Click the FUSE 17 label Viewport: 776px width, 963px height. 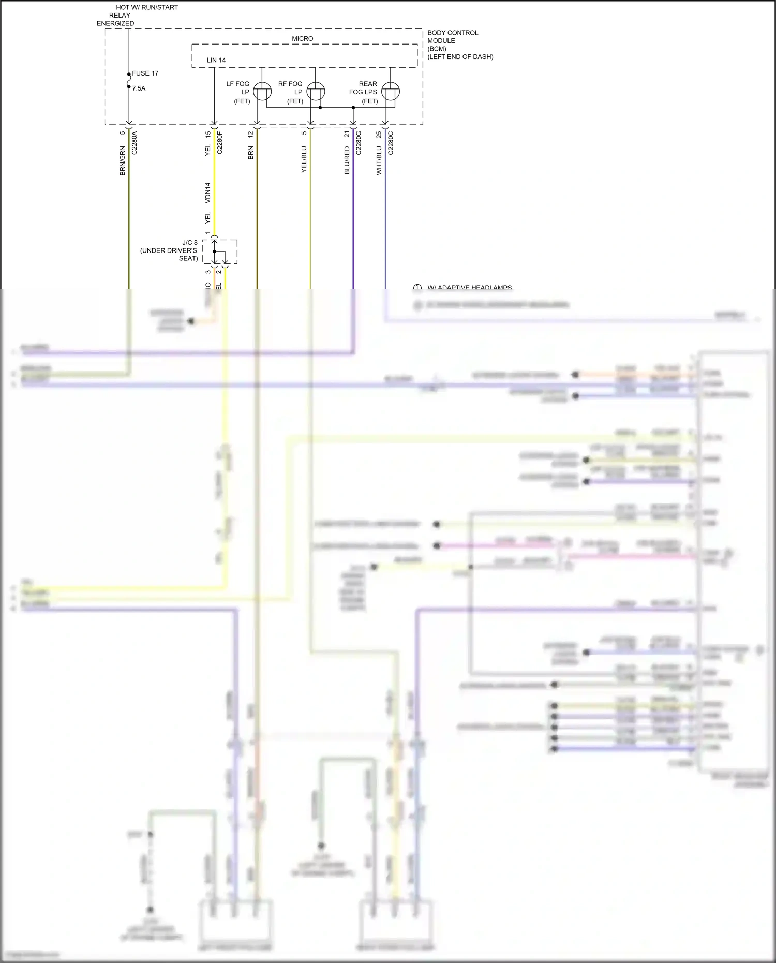tap(145, 73)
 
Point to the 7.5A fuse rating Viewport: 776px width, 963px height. tap(139, 88)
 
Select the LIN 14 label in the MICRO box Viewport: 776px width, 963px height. tap(216, 61)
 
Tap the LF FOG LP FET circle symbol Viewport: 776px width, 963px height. tap(262, 92)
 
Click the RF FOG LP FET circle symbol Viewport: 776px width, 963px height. tap(316, 92)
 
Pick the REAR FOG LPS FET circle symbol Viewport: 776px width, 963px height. tap(390, 92)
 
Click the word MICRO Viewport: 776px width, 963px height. tap(302, 39)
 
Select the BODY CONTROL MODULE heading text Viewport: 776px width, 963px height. tap(453, 37)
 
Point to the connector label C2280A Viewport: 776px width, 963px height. tap(135, 143)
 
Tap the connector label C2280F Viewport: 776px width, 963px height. tap(220, 143)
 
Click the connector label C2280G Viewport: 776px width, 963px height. tap(359, 143)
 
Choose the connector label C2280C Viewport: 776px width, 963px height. tap(391, 143)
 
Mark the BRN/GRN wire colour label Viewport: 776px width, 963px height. tap(123, 160)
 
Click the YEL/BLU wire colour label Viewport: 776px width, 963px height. tap(304, 159)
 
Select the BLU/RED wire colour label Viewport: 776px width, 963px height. tap(347, 160)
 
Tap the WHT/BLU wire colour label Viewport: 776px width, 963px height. tap(379, 160)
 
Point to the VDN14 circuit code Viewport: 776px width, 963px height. tap(208, 192)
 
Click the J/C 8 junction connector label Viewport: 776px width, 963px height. tap(190, 243)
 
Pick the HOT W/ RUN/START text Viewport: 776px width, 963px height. tap(147, 8)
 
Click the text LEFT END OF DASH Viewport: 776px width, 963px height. tap(460, 57)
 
